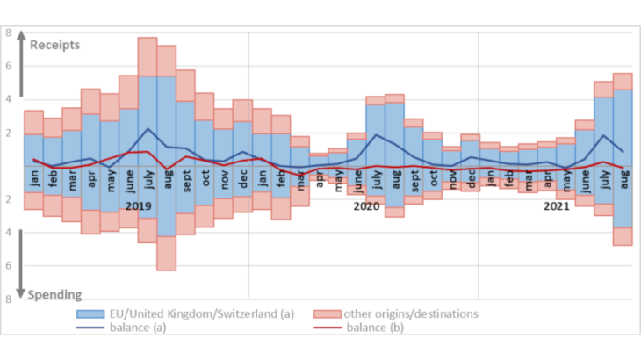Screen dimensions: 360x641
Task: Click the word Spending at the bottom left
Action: pyautogui.click(x=56, y=295)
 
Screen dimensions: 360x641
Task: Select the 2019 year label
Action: pyautogui.click(x=139, y=205)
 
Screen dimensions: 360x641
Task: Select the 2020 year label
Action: pyautogui.click(x=366, y=205)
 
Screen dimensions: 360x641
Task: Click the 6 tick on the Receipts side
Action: pyautogui.click(x=8, y=67)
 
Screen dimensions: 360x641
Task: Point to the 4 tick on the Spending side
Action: pyautogui.click(x=8, y=233)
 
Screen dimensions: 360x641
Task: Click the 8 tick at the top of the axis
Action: pyautogui.click(x=8, y=33)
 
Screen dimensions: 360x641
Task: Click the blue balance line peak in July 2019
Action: pyautogui.click(x=148, y=129)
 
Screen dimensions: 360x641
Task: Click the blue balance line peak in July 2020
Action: pyautogui.click(x=376, y=135)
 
